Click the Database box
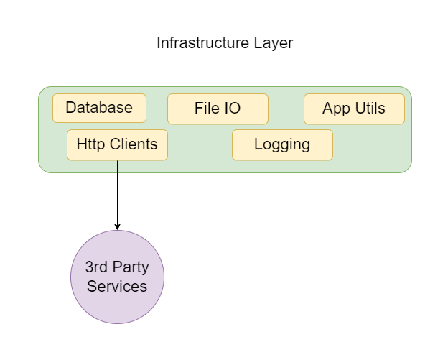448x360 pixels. click(99, 109)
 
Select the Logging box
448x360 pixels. click(282, 144)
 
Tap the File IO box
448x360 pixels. click(218, 109)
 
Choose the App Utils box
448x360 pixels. click(354, 109)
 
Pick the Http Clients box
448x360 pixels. click(117, 144)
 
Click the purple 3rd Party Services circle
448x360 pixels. click(117, 277)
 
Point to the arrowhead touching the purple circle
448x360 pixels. click(117, 226)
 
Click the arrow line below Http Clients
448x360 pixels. click(117, 194)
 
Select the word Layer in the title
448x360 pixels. click(272, 43)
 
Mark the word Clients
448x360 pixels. click(132, 144)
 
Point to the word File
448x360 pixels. click(205, 109)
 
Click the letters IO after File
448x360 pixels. click(232, 109)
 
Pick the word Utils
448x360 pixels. click(370, 109)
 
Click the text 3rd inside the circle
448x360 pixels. click(97, 267)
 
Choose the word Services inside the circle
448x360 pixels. click(117, 286)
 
